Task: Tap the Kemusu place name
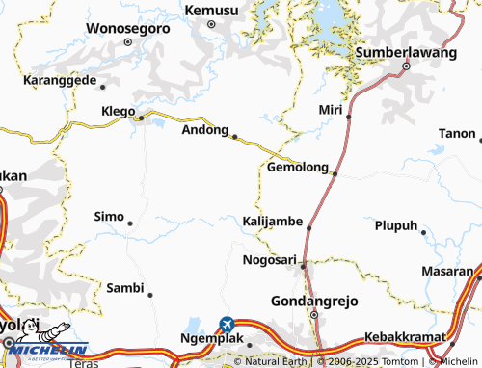click(211, 10)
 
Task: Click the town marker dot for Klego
click(141, 118)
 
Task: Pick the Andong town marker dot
click(234, 137)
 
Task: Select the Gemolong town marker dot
click(335, 173)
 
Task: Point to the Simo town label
click(108, 216)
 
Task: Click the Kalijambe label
click(273, 223)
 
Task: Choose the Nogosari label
click(269, 260)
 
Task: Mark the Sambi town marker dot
click(150, 294)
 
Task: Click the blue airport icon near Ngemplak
click(227, 324)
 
